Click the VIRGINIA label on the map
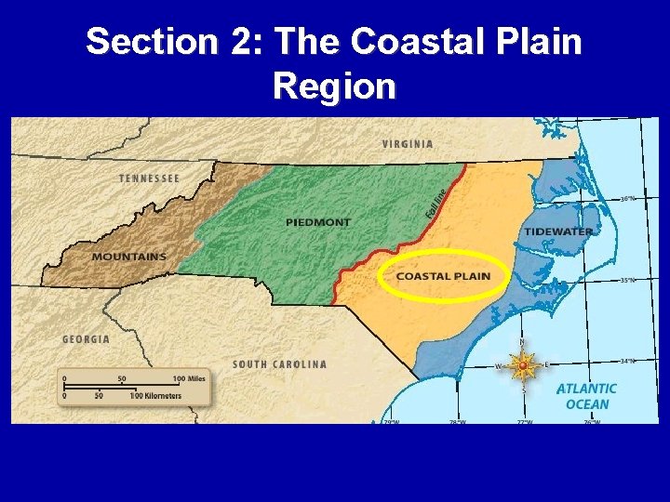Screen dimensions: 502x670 pyautogui.click(x=408, y=144)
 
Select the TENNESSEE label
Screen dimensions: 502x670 pyautogui.click(x=149, y=178)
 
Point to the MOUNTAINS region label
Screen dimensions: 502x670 pyautogui.click(x=129, y=257)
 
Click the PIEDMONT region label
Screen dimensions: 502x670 pyautogui.click(x=318, y=222)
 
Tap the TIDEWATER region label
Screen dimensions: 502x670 pyautogui.click(x=558, y=231)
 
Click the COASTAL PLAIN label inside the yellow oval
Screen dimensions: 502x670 pyautogui.click(x=443, y=275)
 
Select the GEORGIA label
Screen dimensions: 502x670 pyautogui.click(x=86, y=339)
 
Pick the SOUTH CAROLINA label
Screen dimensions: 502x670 pyautogui.click(x=279, y=364)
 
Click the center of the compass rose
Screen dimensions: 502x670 pyautogui.click(x=523, y=366)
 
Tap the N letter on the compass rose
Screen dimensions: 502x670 pyautogui.click(x=522, y=344)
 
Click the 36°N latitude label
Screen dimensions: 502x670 pyautogui.click(x=628, y=198)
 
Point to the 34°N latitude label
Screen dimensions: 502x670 pyautogui.click(x=628, y=361)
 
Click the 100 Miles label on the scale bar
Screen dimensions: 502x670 pyautogui.click(x=188, y=379)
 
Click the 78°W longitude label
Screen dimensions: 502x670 pyautogui.click(x=457, y=421)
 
